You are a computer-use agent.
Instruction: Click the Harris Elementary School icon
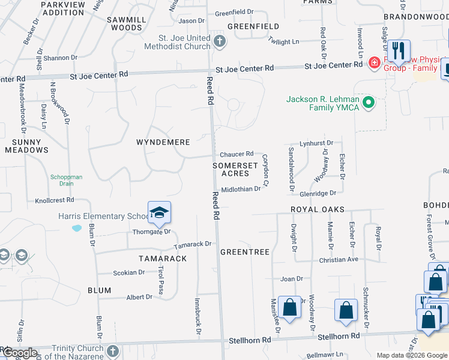[160, 212]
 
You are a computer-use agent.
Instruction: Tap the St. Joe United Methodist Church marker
[220, 42]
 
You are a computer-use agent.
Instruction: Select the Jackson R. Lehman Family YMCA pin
[369, 103]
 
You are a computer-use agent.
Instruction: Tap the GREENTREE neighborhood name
[244, 252]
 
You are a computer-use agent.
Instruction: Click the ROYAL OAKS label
[318, 209]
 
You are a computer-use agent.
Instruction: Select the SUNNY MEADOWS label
[26, 146]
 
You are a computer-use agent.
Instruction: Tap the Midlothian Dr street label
[241, 189]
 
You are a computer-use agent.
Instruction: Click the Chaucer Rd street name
[236, 154]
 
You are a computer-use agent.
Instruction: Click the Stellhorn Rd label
[250, 340]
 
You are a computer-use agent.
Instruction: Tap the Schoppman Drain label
[66, 181]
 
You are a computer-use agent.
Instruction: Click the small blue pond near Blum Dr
[76, 228]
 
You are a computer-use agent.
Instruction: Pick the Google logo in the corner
[19, 353]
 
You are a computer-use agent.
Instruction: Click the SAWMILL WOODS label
[124, 23]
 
